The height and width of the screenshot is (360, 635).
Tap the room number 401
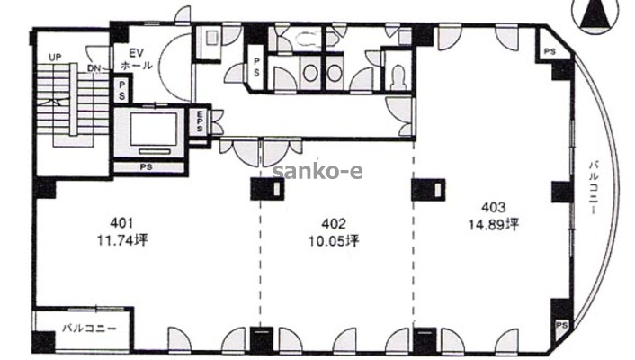pyautogui.click(x=121, y=223)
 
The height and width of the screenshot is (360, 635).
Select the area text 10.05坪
pyautogui.click(x=334, y=241)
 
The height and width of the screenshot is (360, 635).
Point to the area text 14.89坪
pyautogui.click(x=494, y=224)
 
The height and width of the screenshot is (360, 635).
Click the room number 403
pyautogui.click(x=493, y=208)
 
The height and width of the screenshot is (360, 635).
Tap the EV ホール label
pyautogui.click(x=136, y=59)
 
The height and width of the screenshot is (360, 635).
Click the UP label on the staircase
pyautogui.click(x=55, y=58)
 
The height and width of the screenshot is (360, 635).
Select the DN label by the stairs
pyautogui.click(x=95, y=68)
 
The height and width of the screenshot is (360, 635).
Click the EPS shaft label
pyautogui.click(x=200, y=121)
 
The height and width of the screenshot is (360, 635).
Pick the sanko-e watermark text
pyautogui.click(x=317, y=172)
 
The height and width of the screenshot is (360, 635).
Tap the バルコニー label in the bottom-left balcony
pyautogui.click(x=89, y=328)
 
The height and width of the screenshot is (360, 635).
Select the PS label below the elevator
pyautogui.click(x=147, y=167)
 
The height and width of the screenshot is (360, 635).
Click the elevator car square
pyautogui.click(x=154, y=130)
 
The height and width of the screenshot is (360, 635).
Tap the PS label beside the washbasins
pyautogui.click(x=256, y=67)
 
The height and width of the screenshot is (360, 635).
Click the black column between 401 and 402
pyautogui.click(x=267, y=189)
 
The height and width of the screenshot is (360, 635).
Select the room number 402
pyautogui.click(x=334, y=224)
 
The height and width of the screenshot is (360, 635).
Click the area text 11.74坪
pyautogui.click(x=122, y=240)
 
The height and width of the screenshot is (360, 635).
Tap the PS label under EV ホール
pyautogui.click(x=121, y=91)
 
